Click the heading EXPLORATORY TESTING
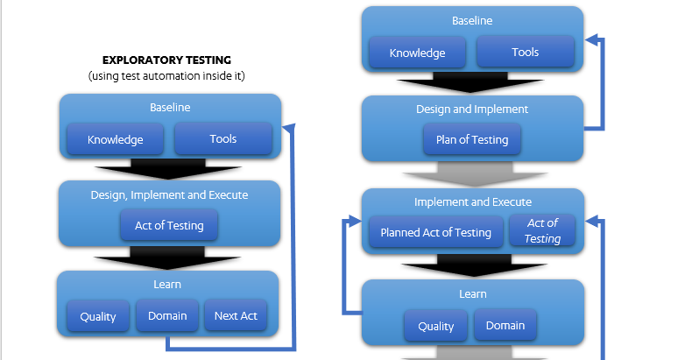click(166, 60)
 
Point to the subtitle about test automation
click(166, 76)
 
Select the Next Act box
click(236, 315)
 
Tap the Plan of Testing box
click(471, 139)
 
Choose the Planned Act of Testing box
click(435, 232)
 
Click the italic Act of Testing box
click(542, 230)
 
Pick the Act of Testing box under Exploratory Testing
click(169, 225)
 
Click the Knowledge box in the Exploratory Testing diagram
click(115, 138)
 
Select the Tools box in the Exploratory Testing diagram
click(222, 138)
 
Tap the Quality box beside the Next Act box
click(98, 316)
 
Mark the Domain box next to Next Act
click(167, 315)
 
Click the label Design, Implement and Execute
click(169, 194)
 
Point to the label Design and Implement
click(471, 109)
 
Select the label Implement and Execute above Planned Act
click(472, 202)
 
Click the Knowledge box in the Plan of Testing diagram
click(417, 53)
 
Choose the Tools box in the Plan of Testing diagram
click(525, 53)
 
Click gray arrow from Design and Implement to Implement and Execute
click(472, 173)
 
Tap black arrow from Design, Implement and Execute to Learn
click(168, 258)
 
